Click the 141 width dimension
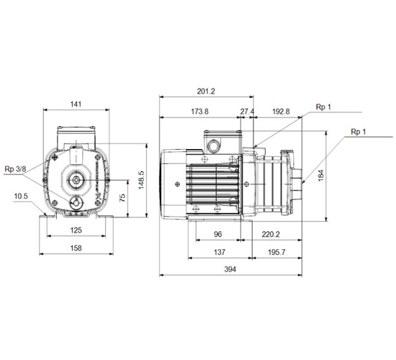[x=76, y=104]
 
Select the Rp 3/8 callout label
[x=15, y=169]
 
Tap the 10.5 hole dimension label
[x=21, y=196]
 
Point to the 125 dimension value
[x=76, y=230]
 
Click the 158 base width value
[x=76, y=248]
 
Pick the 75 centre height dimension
[x=122, y=197]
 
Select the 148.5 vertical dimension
[x=141, y=180]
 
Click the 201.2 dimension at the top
[x=206, y=91]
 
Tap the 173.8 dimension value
[x=199, y=112]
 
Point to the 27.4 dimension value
[x=247, y=112]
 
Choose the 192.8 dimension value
[x=281, y=112]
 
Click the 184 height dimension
[x=320, y=176]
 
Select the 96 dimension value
[x=217, y=234]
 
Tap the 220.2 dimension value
[x=271, y=235]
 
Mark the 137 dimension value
[x=220, y=252]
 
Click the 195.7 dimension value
[x=276, y=252]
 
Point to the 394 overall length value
[x=230, y=269]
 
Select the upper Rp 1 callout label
[x=323, y=107]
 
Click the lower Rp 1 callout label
[x=358, y=132]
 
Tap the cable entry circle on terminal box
[x=213, y=146]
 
